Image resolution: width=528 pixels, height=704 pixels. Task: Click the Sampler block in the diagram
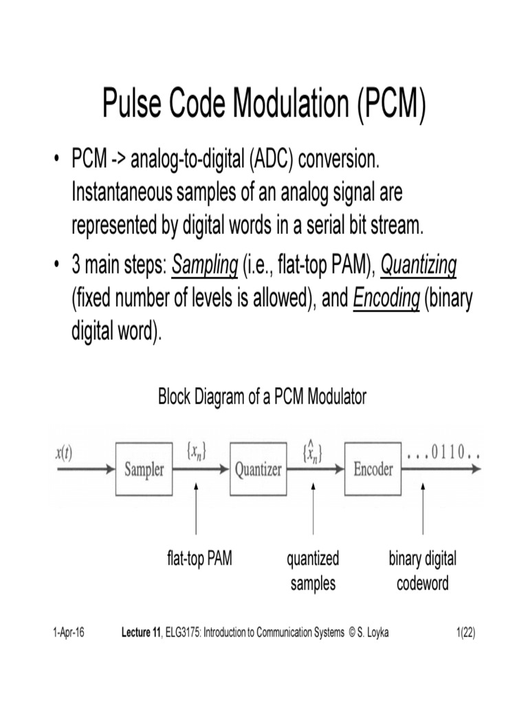(x=144, y=470)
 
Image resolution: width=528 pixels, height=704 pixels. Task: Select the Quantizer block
(x=258, y=470)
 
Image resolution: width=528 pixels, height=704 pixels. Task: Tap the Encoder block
(x=373, y=470)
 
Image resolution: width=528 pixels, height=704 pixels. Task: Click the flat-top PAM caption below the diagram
(x=199, y=559)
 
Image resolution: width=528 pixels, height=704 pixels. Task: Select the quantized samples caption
(x=313, y=571)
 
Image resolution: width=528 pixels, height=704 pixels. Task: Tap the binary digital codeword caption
(x=422, y=571)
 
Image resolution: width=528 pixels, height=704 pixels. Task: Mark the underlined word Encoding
(x=386, y=300)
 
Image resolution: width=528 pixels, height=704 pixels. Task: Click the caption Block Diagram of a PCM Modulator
(x=263, y=397)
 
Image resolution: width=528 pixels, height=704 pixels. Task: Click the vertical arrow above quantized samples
(x=313, y=509)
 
